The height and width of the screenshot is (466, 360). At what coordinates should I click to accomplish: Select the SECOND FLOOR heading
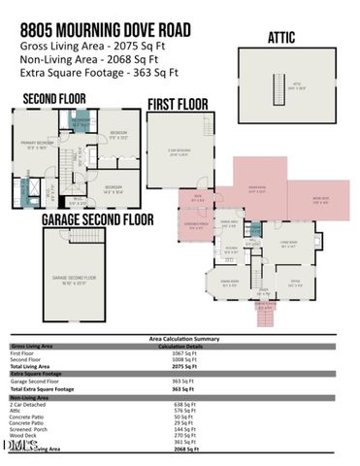click(x=53, y=98)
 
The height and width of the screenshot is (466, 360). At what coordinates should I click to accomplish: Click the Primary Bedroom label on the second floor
click(x=38, y=146)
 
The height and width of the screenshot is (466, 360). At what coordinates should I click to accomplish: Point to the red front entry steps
click(x=263, y=314)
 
